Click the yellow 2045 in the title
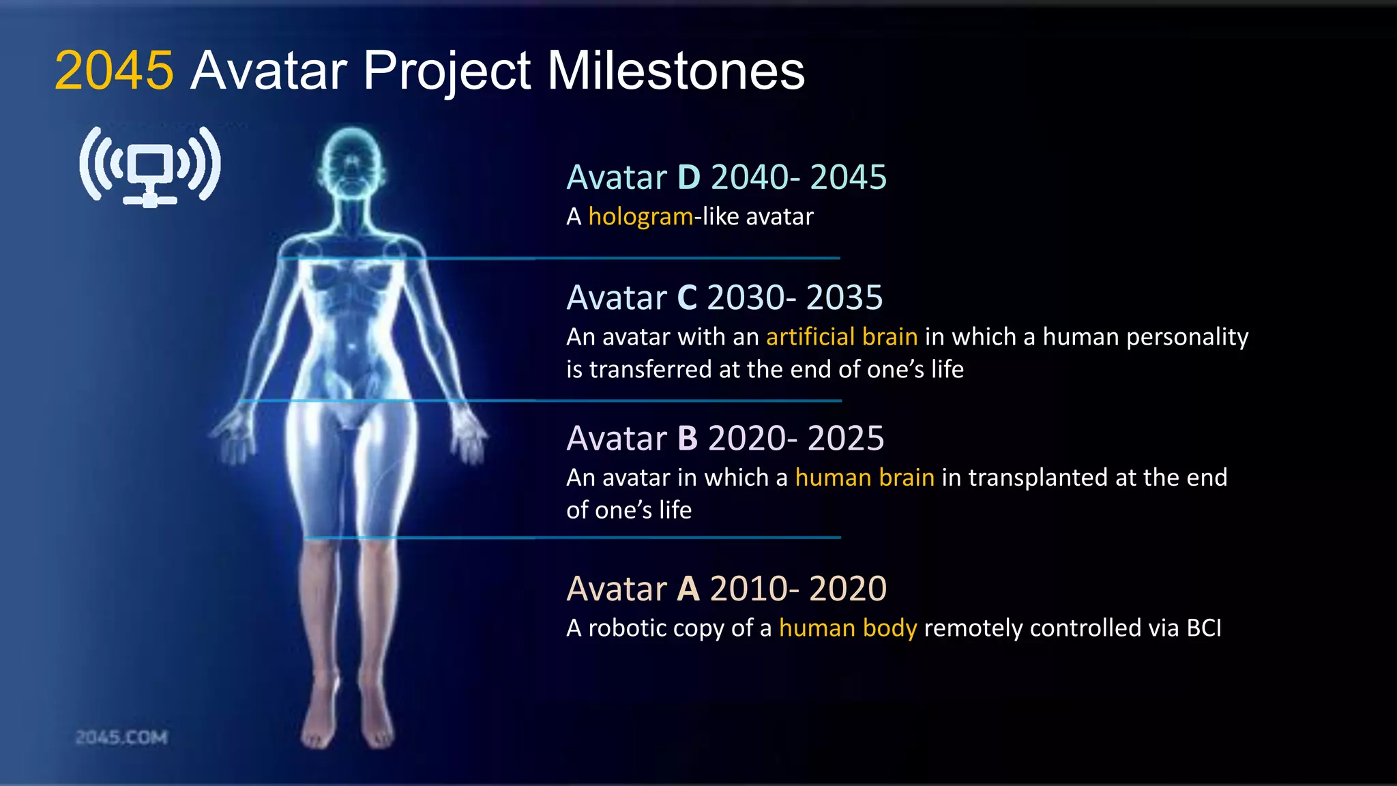coord(114,70)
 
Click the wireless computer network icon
coord(150,166)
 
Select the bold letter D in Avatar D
coord(688,177)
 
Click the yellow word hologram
coord(641,217)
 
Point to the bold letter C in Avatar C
coord(687,298)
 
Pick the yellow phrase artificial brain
coord(842,337)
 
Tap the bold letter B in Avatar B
coord(688,439)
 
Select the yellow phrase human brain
coord(864,478)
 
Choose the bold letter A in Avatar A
coord(688,589)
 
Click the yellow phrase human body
coord(848,628)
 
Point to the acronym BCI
coord(1204,628)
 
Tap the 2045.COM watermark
coord(121,738)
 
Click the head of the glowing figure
coord(351,164)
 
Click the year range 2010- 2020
coord(798,589)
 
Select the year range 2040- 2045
coord(798,177)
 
